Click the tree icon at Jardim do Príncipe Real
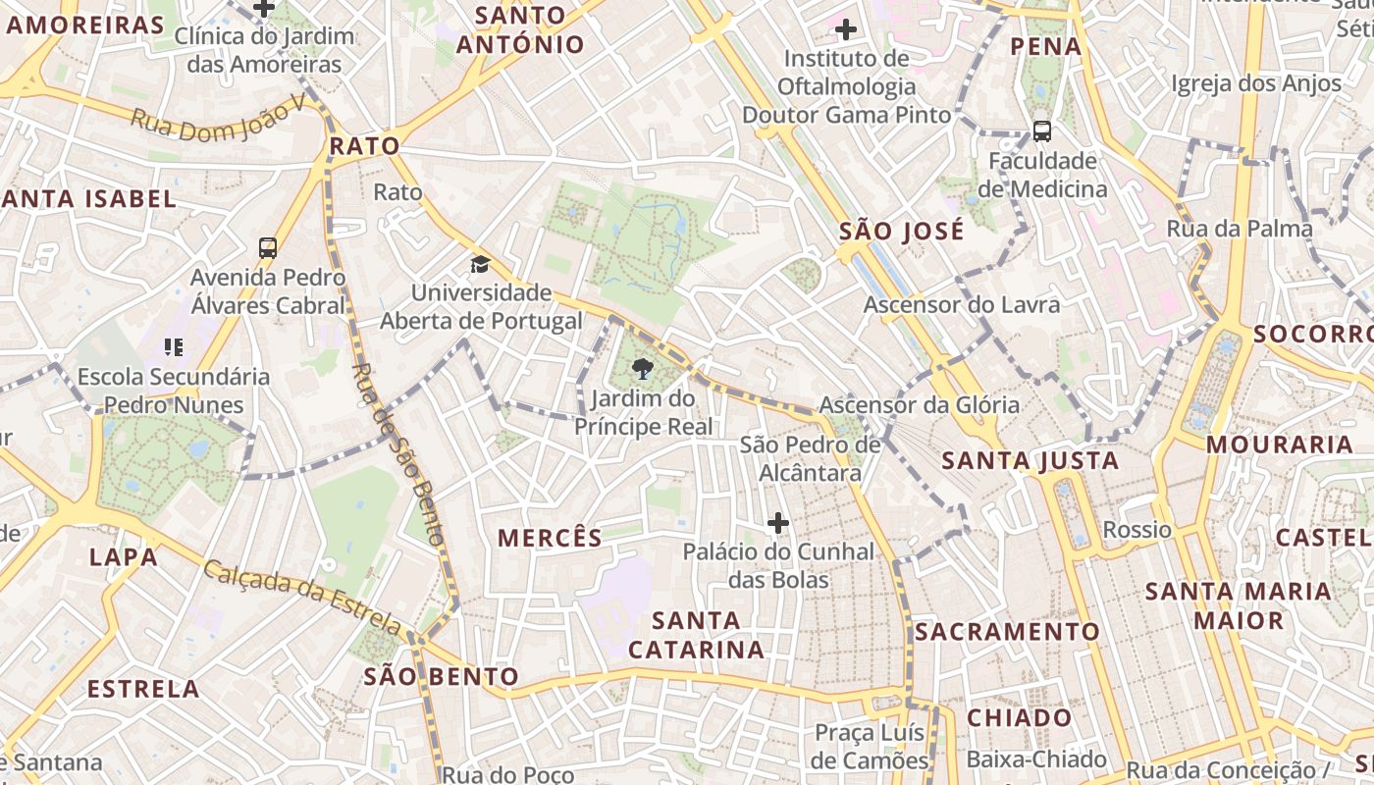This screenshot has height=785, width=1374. coord(643,369)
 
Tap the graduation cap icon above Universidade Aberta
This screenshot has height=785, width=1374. coord(480,264)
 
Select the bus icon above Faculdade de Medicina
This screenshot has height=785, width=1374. coord(1042,131)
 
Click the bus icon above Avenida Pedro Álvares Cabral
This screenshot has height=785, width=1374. coord(268,247)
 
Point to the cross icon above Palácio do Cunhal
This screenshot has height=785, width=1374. coord(778,523)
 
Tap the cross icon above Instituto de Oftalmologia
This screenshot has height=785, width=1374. coord(845,28)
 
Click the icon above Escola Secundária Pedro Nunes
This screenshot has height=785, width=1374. coord(174,346)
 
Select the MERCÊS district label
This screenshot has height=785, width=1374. coord(550,538)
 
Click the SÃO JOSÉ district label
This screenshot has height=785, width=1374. coord(902,232)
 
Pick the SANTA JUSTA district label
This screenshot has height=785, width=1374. coord(1030,460)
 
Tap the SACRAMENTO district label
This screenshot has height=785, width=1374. coord(1007,631)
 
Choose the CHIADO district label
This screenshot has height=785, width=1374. coord(1020,717)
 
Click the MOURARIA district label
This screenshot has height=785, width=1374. coord(1279,445)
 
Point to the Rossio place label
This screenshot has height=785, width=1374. coord(1137,530)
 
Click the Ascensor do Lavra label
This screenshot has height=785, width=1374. coord(962,304)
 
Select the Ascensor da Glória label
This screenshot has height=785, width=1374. coord(920,404)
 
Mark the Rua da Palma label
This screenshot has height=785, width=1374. coord(1239,229)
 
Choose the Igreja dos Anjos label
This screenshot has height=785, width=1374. coord(1255,83)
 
